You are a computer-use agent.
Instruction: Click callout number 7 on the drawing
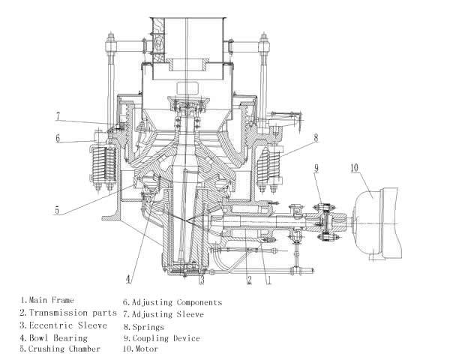tap(58, 116)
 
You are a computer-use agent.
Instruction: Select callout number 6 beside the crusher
tap(58, 138)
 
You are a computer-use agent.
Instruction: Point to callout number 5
tap(57, 210)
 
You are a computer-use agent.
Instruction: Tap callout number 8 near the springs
tap(316, 138)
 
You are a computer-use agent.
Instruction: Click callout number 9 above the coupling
tap(316, 168)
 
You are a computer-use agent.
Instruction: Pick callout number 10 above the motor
tap(355, 168)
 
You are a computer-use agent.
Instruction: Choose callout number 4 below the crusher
tap(128, 279)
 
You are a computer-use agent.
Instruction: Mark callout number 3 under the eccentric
tap(202, 279)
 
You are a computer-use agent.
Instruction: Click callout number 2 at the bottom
tap(250, 280)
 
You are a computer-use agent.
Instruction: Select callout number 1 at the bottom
tap(268, 280)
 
